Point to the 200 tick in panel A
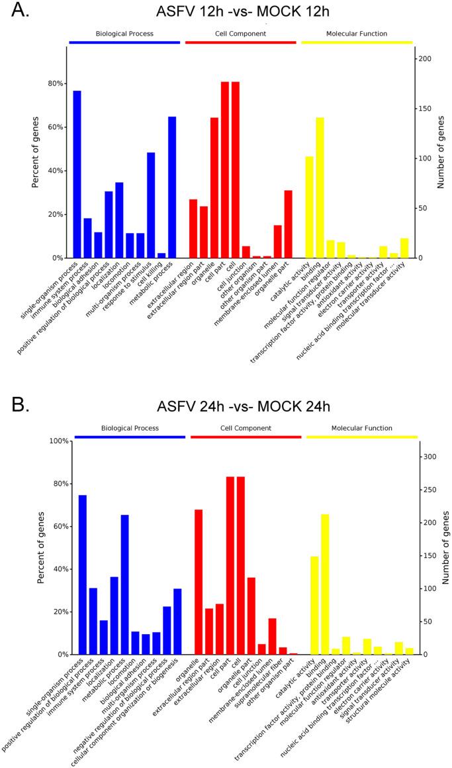coord(429,59)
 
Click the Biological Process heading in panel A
coord(124,33)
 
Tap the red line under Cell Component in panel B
coord(246,437)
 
